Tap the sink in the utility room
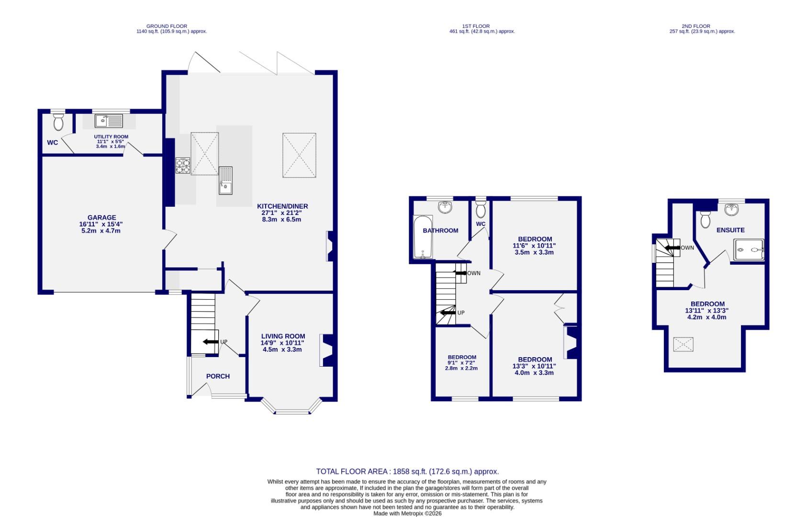pyautogui.click(x=109, y=121)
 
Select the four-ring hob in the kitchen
pyautogui.click(x=183, y=166)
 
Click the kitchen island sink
pyautogui.click(x=225, y=180)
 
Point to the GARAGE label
pyautogui.click(x=101, y=217)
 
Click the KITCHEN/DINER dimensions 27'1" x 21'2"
pyautogui.click(x=282, y=213)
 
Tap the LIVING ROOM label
pyautogui.click(x=282, y=336)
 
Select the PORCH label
pyautogui.click(x=218, y=376)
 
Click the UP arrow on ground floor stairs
pyautogui.click(x=210, y=342)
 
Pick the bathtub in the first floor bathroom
pyautogui.click(x=422, y=237)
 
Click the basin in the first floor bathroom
pyautogui.click(x=445, y=207)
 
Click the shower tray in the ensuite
pyautogui.click(x=749, y=250)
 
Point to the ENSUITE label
pyautogui.click(x=730, y=230)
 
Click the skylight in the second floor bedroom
pyautogui.click(x=683, y=344)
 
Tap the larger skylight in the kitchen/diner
pyautogui.click(x=299, y=155)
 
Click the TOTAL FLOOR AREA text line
pyautogui.click(x=407, y=472)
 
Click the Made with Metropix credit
pyautogui.click(x=407, y=513)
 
